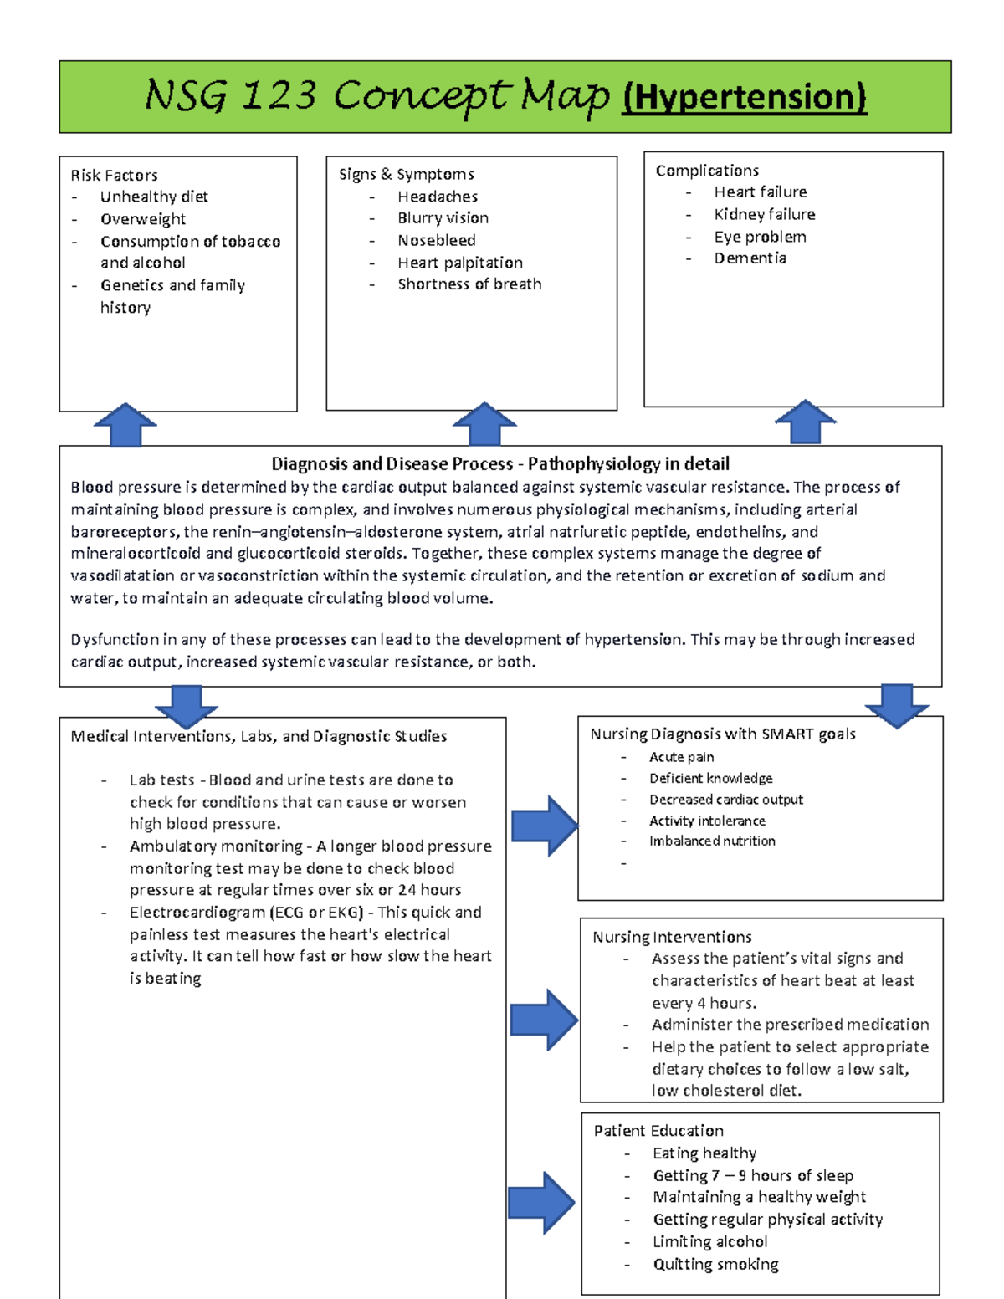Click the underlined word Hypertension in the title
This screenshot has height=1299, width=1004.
(744, 97)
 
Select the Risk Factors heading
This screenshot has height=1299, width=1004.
(114, 175)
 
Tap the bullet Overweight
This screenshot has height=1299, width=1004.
(143, 219)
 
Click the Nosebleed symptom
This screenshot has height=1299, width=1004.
(436, 240)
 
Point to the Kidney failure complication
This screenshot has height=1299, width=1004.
(764, 214)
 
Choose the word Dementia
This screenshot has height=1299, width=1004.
(750, 258)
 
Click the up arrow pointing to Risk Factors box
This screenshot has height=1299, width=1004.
(125, 425)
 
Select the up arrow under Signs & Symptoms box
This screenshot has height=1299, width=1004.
(484, 424)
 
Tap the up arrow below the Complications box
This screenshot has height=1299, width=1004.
(805, 422)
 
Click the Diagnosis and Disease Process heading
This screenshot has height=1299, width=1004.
(500, 463)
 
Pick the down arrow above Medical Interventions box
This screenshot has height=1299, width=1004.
(186, 706)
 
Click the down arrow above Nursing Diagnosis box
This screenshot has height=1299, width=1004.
(896, 705)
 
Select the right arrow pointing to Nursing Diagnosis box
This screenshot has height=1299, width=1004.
(544, 826)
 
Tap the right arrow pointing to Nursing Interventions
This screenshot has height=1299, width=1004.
(544, 1020)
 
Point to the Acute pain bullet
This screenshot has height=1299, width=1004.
(681, 757)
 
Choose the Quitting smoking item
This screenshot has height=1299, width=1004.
(715, 1264)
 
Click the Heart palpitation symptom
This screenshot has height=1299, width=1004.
(460, 263)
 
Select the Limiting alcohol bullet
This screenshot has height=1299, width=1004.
(709, 1242)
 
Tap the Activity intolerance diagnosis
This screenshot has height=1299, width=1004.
(707, 821)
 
